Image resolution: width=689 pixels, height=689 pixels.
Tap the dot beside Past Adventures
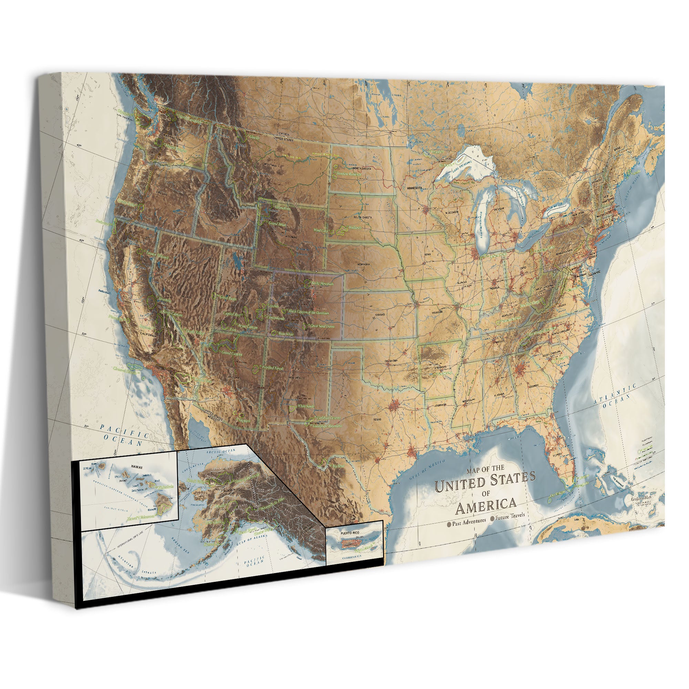click(x=449, y=524)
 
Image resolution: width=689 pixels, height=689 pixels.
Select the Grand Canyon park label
click(x=232, y=354)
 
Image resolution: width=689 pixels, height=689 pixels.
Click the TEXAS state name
click(x=377, y=419)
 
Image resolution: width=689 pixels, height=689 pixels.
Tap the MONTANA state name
click(x=270, y=165)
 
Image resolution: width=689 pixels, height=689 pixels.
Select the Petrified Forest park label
click(x=273, y=368)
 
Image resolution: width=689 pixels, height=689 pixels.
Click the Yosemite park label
click(x=165, y=300)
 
